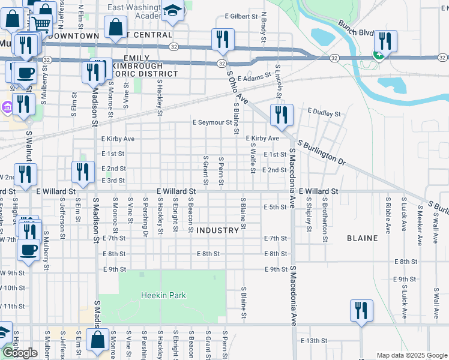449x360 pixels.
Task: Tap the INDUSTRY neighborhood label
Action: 217,230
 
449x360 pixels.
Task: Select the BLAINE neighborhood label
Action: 363,238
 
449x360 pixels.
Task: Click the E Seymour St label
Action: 212,122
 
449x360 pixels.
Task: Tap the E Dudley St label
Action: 324,112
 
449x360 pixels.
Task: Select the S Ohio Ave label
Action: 238,88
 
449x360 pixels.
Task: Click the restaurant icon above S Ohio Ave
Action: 223,39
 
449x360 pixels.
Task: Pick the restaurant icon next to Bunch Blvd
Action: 385,40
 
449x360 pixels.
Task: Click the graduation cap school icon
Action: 173,11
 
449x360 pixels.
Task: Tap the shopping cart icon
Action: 41,24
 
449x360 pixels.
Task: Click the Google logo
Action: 20,353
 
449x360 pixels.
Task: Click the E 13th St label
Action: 314,340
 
